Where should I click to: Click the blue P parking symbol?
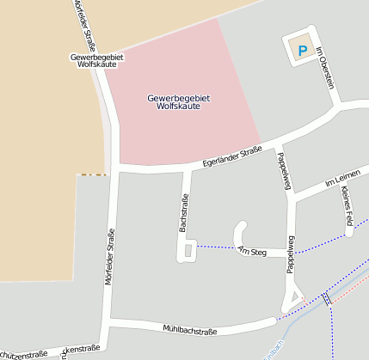pos(302,51)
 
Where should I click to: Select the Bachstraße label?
pos(182,213)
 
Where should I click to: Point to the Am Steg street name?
pos(254,250)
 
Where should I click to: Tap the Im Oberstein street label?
pos(324,66)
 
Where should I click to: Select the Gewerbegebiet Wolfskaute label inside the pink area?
pos(179,103)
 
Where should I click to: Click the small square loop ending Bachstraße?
pos(187,250)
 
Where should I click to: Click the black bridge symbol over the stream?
pos(327,299)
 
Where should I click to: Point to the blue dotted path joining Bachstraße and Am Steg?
pos(217,248)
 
